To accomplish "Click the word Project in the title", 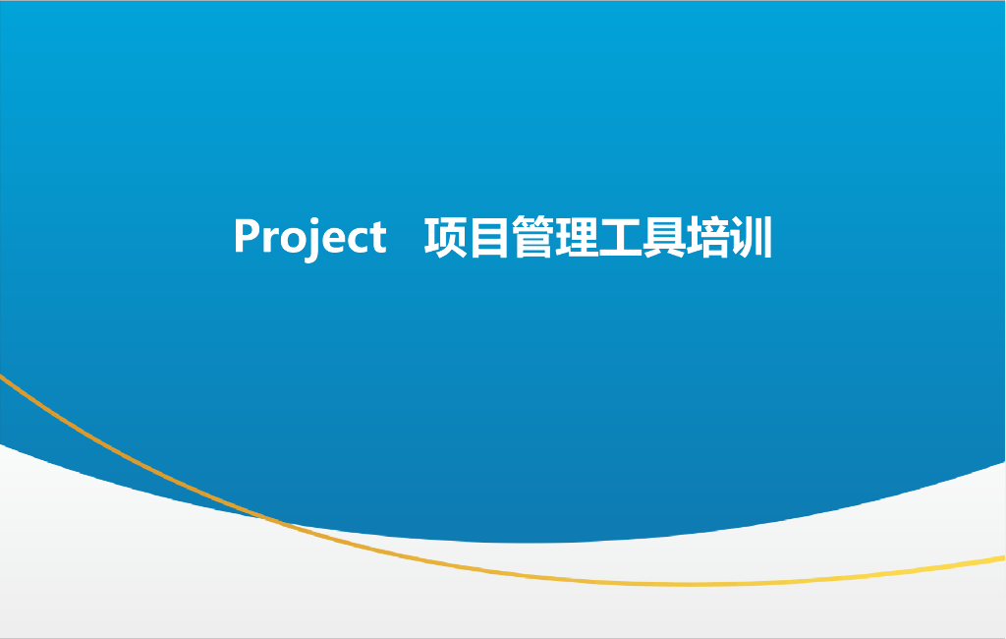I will (309, 237).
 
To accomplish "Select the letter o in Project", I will (291, 241).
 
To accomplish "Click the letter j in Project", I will (313, 243).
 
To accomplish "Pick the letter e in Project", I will (332, 241).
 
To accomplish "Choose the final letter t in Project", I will (375, 238).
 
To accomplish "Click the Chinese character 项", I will (445, 237).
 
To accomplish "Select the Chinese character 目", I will (488, 237).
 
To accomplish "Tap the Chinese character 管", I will (532, 237).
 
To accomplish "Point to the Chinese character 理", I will (576, 237).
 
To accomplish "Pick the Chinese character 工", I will (620, 237).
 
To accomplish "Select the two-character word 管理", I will (554, 237).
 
